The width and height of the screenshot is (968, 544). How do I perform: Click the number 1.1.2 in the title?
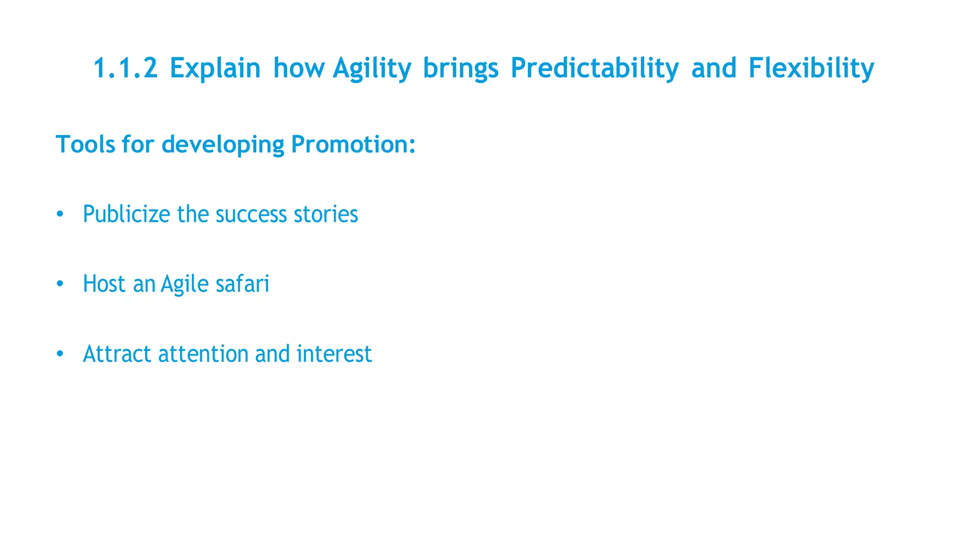pos(125,68)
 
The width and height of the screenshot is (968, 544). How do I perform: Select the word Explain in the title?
pos(215,68)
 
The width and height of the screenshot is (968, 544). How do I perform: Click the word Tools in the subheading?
pos(85,144)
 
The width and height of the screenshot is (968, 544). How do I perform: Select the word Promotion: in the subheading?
pos(353,144)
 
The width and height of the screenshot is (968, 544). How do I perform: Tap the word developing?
pos(223,145)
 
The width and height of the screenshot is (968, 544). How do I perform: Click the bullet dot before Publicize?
pos(60,214)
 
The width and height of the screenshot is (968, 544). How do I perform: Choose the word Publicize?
pos(126,214)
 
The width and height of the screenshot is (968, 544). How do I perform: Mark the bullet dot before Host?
pos(60,284)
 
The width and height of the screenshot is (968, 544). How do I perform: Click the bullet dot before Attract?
pos(60,354)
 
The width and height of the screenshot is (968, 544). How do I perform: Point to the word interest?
pos(334,354)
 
